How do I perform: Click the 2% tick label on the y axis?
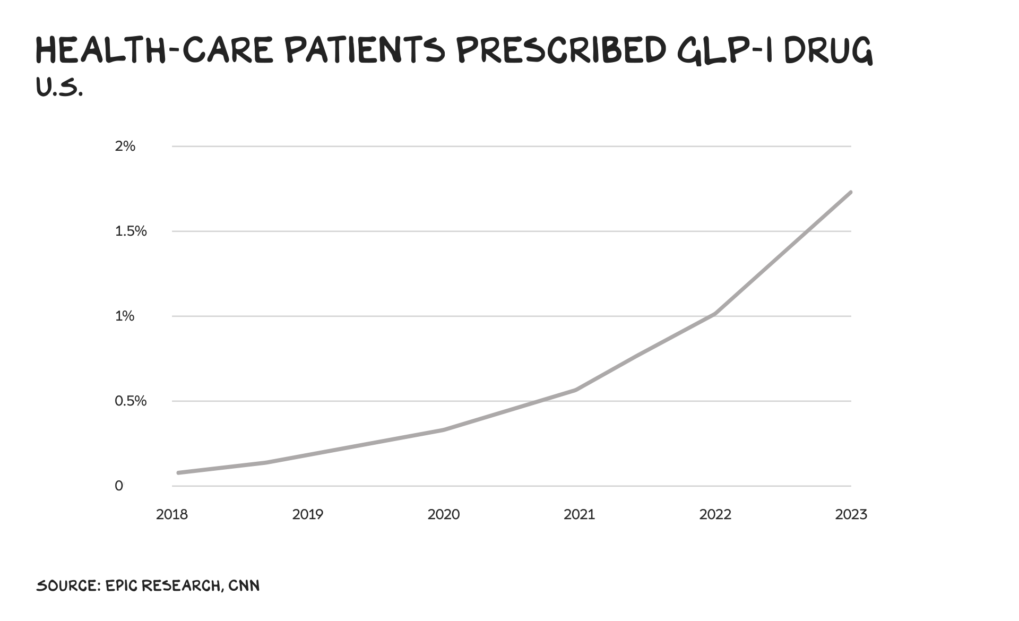click(125, 146)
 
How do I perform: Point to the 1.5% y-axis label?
click(131, 231)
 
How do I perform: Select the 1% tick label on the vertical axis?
click(125, 316)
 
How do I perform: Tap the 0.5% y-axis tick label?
click(131, 401)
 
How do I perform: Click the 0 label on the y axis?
click(119, 486)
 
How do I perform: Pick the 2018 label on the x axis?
click(172, 514)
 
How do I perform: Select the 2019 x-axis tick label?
click(308, 514)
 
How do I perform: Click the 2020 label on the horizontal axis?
click(444, 514)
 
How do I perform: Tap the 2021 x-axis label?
click(580, 514)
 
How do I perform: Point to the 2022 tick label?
click(715, 514)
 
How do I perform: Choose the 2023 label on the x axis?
click(851, 514)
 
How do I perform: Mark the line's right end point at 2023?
click(851, 192)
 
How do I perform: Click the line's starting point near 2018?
click(178, 472)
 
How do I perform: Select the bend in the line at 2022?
click(715, 314)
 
